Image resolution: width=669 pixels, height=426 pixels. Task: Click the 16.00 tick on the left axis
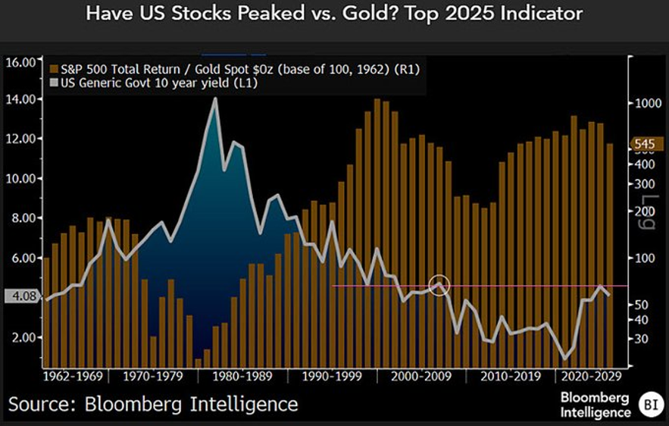(x=22, y=61)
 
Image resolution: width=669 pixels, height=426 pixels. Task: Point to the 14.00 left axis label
(x=22, y=99)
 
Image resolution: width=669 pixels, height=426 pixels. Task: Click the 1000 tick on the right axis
(x=647, y=104)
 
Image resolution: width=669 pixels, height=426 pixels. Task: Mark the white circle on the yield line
(x=439, y=286)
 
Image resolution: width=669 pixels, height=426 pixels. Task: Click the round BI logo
(x=648, y=403)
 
